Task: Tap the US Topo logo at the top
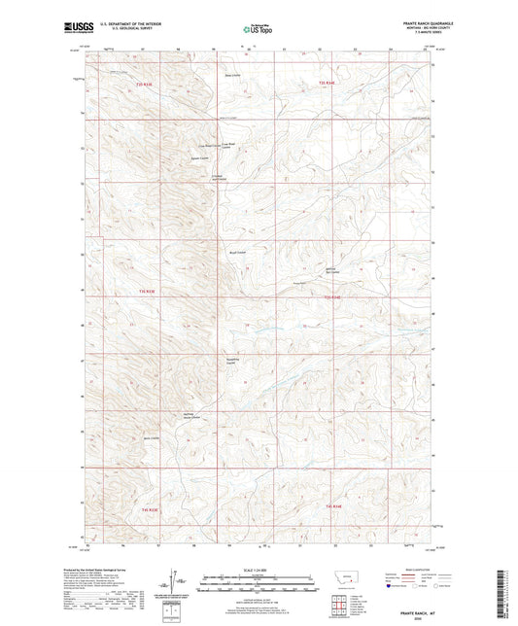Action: coord(258,30)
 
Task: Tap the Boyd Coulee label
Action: coord(235,252)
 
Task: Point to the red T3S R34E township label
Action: coord(333,506)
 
